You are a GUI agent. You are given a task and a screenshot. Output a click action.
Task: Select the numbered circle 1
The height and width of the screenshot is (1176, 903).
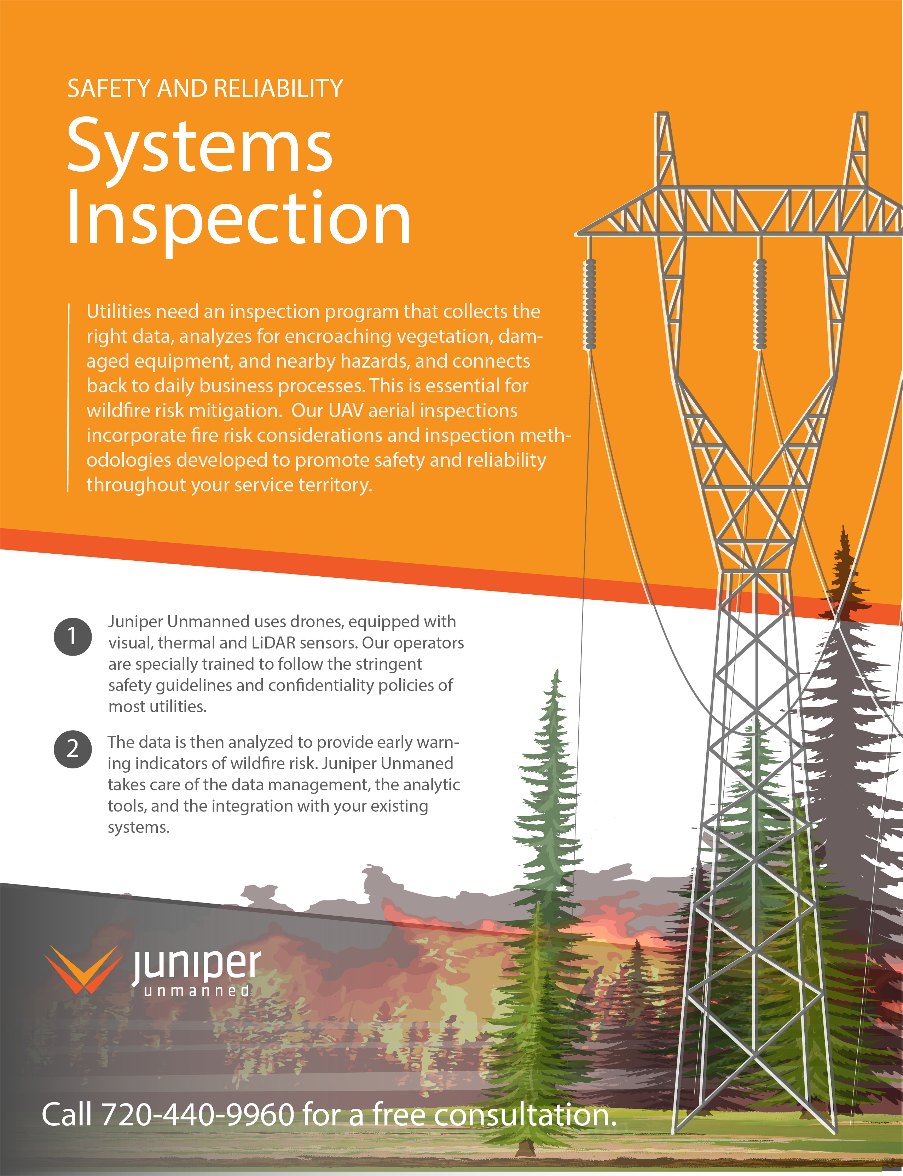(x=73, y=636)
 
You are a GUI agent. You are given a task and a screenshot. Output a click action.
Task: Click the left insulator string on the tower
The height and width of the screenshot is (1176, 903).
(x=590, y=304)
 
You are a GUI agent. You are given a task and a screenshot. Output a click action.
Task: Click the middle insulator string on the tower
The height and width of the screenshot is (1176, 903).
(x=760, y=304)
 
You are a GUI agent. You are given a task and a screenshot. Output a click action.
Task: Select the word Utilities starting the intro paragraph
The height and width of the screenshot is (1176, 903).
(x=119, y=312)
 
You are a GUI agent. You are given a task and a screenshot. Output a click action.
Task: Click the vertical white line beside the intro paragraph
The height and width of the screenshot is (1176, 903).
(x=68, y=397)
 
